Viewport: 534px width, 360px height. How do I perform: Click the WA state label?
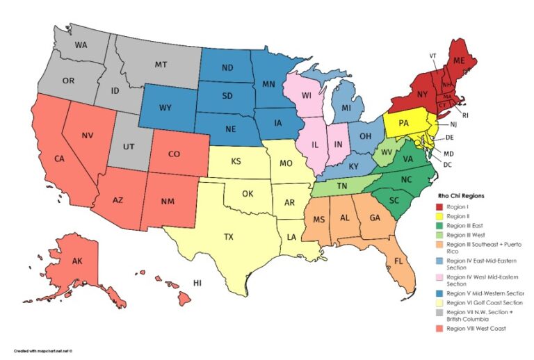tap(81, 45)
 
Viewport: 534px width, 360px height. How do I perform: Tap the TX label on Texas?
tap(228, 236)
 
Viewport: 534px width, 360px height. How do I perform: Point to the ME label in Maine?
tap(458, 61)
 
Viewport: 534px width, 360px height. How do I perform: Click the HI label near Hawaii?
tap(197, 284)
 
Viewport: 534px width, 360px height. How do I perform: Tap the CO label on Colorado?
tap(175, 154)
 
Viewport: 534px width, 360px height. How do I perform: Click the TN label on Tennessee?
tap(343, 187)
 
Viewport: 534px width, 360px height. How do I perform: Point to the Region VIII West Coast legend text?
tap(477, 328)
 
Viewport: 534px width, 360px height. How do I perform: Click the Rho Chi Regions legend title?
tap(461, 196)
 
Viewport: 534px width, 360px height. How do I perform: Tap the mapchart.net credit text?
tap(43, 351)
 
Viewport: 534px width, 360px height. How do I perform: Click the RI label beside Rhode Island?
tap(465, 115)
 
